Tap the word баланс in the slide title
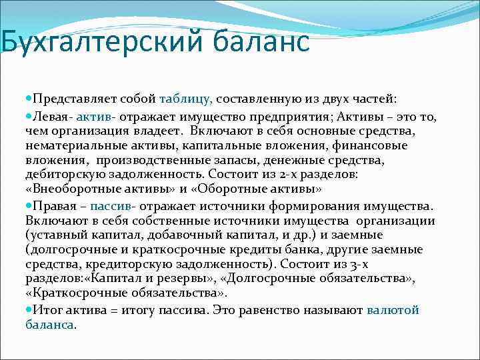click(262, 41)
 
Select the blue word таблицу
click(186, 99)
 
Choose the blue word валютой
click(393, 309)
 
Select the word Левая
click(52, 117)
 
